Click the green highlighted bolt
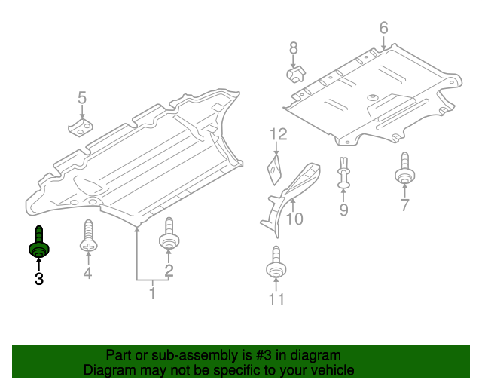click(x=38, y=244)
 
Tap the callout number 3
click(x=38, y=280)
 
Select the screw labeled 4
click(x=88, y=237)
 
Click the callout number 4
click(x=87, y=274)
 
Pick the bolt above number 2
click(x=169, y=235)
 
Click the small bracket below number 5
click(x=80, y=126)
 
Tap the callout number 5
click(x=82, y=97)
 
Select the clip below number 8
click(x=294, y=75)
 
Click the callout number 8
click(x=294, y=49)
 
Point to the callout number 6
click(x=383, y=29)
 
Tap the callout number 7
click(x=404, y=205)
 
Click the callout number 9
click(x=343, y=210)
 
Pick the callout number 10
click(x=294, y=219)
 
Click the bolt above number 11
click(x=276, y=264)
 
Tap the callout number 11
click(x=276, y=300)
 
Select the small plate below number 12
click(x=275, y=168)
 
